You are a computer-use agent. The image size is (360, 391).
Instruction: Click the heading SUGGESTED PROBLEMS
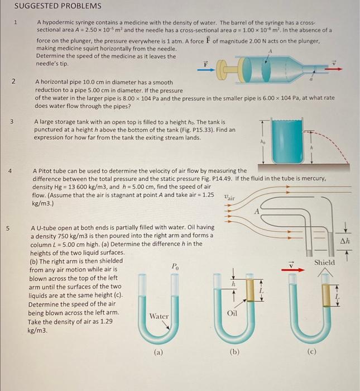[x=57, y=6]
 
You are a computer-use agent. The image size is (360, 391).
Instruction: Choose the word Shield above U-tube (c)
[x=325, y=262]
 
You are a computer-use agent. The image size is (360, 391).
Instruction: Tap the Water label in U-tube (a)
[x=159, y=316]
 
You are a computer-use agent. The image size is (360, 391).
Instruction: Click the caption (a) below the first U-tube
[x=159, y=352]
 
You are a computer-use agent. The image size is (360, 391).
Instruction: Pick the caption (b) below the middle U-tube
[x=234, y=352]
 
